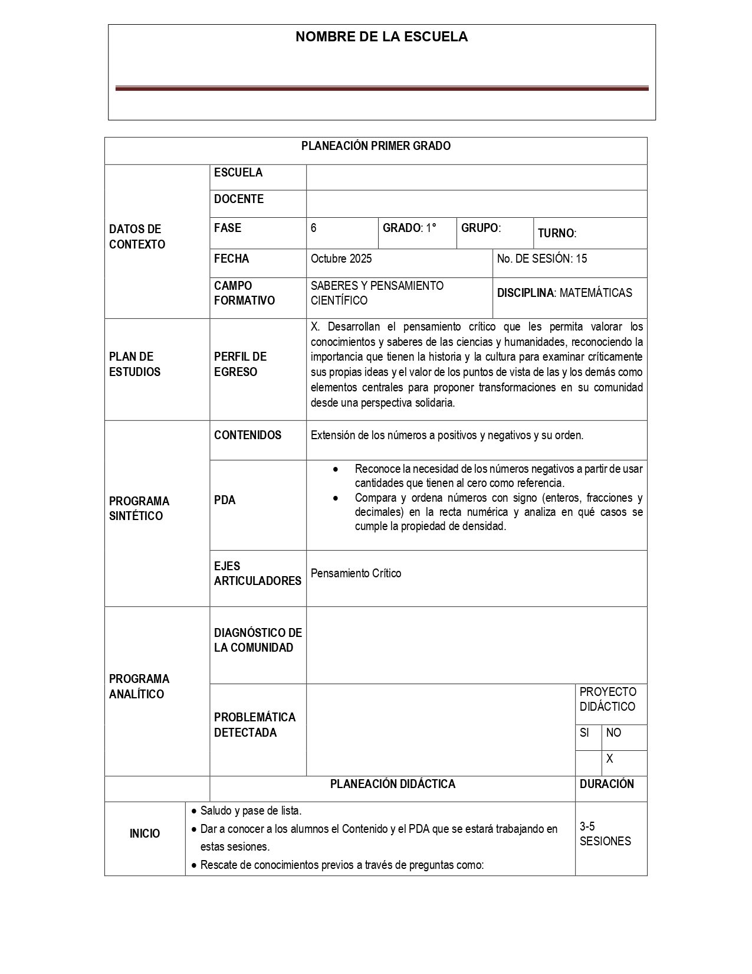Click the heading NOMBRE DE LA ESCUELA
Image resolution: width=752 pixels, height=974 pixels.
click(x=381, y=37)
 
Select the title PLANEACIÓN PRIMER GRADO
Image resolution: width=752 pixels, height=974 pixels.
click(x=376, y=146)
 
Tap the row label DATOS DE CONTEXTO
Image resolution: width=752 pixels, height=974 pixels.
click(x=137, y=237)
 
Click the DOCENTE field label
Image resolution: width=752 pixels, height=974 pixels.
click(x=238, y=200)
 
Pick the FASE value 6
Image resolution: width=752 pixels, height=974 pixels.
click(x=314, y=228)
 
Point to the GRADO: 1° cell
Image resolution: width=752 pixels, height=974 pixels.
click(x=410, y=228)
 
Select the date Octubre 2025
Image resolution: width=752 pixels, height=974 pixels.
click(x=341, y=259)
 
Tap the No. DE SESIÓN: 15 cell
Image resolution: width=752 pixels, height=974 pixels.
click(x=541, y=259)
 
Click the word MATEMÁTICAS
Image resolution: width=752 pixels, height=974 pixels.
click(x=596, y=293)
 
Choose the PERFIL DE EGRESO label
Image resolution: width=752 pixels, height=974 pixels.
click(x=240, y=364)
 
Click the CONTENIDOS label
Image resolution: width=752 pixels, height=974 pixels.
click(x=248, y=436)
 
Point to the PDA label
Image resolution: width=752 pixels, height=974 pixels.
click(x=225, y=500)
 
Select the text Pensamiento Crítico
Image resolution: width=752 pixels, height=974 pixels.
click(x=356, y=573)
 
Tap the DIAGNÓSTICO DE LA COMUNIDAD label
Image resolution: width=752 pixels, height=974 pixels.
click(x=258, y=640)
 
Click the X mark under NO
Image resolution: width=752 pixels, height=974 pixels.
click(x=609, y=759)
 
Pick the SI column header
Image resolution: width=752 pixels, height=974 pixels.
click(x=584, y=733)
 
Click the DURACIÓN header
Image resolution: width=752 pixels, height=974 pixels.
click(x=606, y=785)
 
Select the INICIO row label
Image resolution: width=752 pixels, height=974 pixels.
click(x=145, y=834)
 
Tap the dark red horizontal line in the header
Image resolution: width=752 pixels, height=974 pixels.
click(x=382, y=89)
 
